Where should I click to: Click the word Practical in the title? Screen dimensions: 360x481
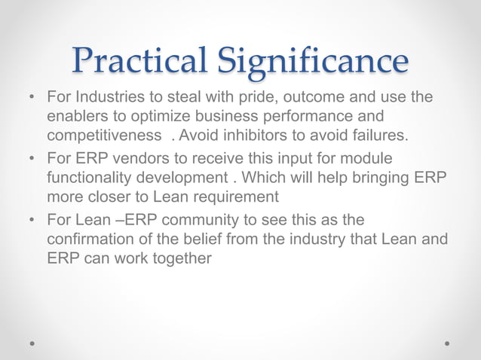(x=135, y=61)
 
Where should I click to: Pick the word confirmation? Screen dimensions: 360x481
(x=91, y=239)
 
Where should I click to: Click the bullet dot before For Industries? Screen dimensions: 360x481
(x=32, y=99)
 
